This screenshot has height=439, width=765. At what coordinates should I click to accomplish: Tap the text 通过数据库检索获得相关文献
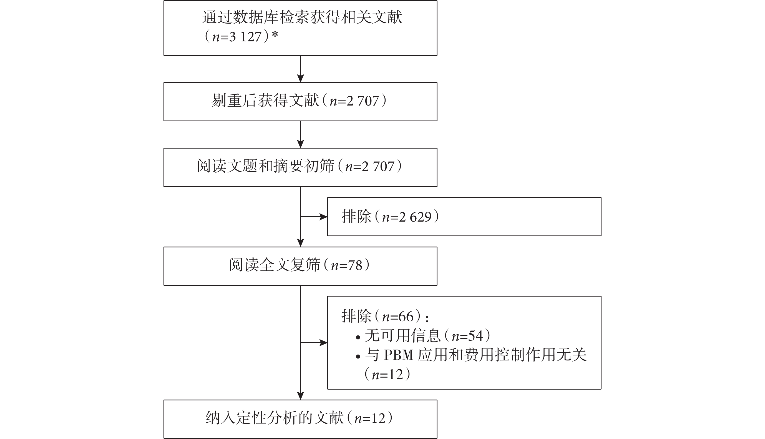[x=302, y=17]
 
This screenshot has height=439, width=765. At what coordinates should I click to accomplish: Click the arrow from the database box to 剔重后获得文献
[x=301, y=69]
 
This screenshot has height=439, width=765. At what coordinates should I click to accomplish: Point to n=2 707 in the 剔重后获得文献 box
[x=354, y=101]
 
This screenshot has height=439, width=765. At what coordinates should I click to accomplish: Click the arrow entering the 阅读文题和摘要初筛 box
[x=301, y=134]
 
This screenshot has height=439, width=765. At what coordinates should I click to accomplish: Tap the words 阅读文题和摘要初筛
[x=266, y=166]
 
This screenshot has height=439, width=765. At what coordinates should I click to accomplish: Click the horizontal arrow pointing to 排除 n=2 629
[x=314, y=217]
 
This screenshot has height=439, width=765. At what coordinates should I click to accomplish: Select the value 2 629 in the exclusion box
[x=415, y=217]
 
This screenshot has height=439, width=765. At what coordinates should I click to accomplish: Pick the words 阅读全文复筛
[x=275, y=265]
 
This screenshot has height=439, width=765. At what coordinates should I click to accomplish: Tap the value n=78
[x=346, y=266]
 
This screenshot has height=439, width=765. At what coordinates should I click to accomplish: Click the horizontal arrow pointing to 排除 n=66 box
[x=314, y=343]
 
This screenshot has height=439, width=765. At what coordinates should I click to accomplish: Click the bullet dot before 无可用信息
[x=358, y=337]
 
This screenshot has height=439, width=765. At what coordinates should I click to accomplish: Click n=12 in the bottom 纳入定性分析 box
[x=370, y=418]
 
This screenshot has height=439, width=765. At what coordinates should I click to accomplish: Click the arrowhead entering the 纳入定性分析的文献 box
[x=301, y=396]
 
